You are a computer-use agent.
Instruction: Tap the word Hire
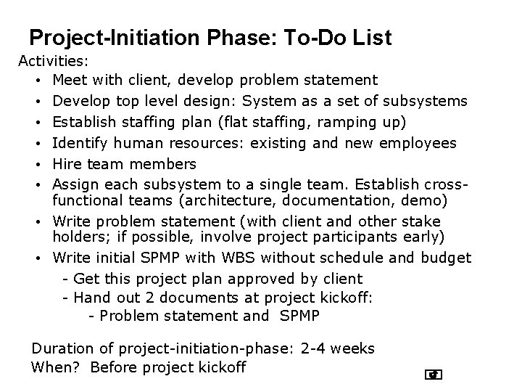[68, 165]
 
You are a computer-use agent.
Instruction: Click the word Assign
[75, 185]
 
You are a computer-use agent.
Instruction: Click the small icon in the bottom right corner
[434, 375]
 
